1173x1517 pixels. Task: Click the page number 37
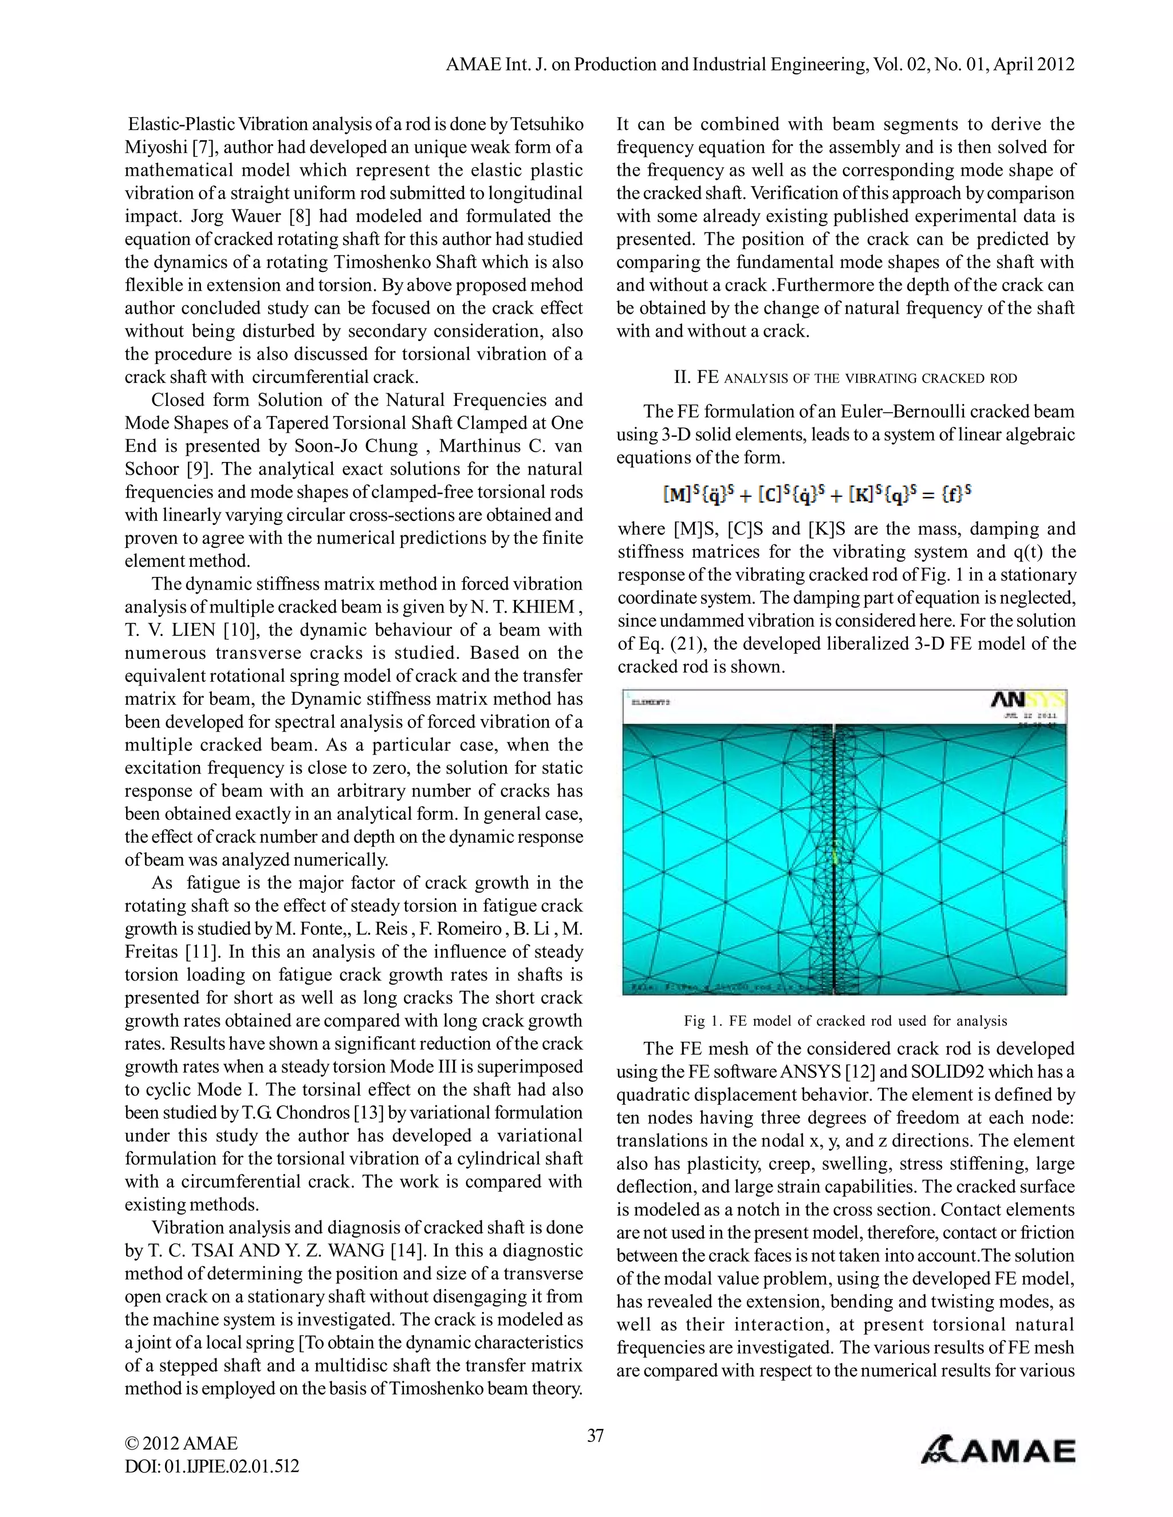point(595,1435)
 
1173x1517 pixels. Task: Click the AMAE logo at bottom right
point(998,1451)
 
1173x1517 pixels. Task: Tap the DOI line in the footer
point(212,1465)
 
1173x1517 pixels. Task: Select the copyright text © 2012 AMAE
point(182,1443)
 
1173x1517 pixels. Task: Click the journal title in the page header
point(759,65)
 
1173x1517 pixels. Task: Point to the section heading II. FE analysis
point(845,378)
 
